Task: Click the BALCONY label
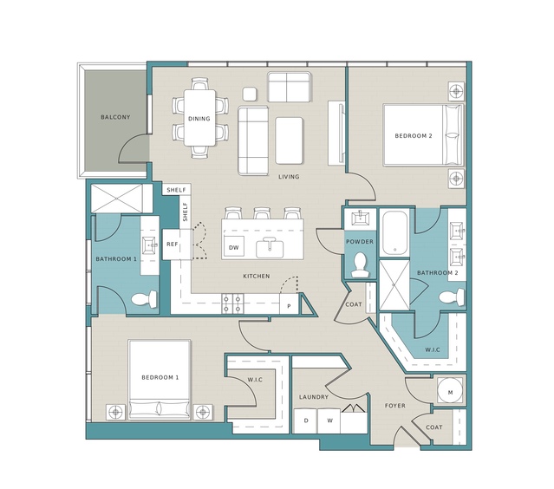(x=115, y=117)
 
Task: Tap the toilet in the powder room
(x=361, y=265)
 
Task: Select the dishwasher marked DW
(x=234, y=246)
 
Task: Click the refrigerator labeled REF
(x=173, y=244)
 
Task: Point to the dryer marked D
(x=306, y=421)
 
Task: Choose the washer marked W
(x=329, y=421)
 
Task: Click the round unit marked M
(x=450, y=392)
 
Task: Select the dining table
(x=199, y=118)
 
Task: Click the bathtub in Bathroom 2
(x=394, y=232)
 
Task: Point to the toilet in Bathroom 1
(x=145, y=300)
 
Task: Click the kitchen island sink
(x=270, y=248)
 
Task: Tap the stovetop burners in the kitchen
(x=233, y=303)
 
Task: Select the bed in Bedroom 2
(x=423, y=134)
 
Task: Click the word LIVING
(x=289, y=177)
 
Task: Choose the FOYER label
(x=395, y=406)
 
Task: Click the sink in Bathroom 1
(x=150, y=245)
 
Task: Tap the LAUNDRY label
(x=314, y=397)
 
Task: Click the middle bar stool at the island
(x=262, y=213)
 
